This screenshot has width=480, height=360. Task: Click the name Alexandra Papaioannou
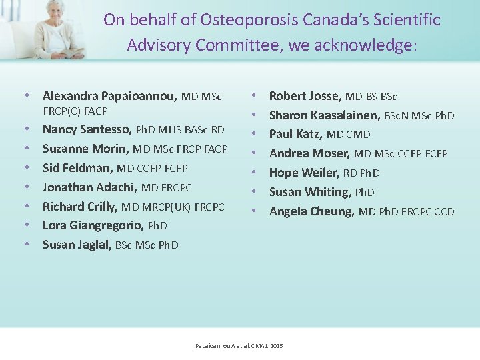point(109,96)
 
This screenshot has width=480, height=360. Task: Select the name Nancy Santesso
point(87,129)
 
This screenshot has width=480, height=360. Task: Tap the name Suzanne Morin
point(86,149)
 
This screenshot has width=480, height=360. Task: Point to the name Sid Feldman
point(78,168)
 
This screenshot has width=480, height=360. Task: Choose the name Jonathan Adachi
point(90,187)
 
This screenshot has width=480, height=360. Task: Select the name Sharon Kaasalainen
point(325,115)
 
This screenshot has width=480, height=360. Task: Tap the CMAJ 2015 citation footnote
point(239,346)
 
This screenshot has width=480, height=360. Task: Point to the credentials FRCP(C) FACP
point(75,111)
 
